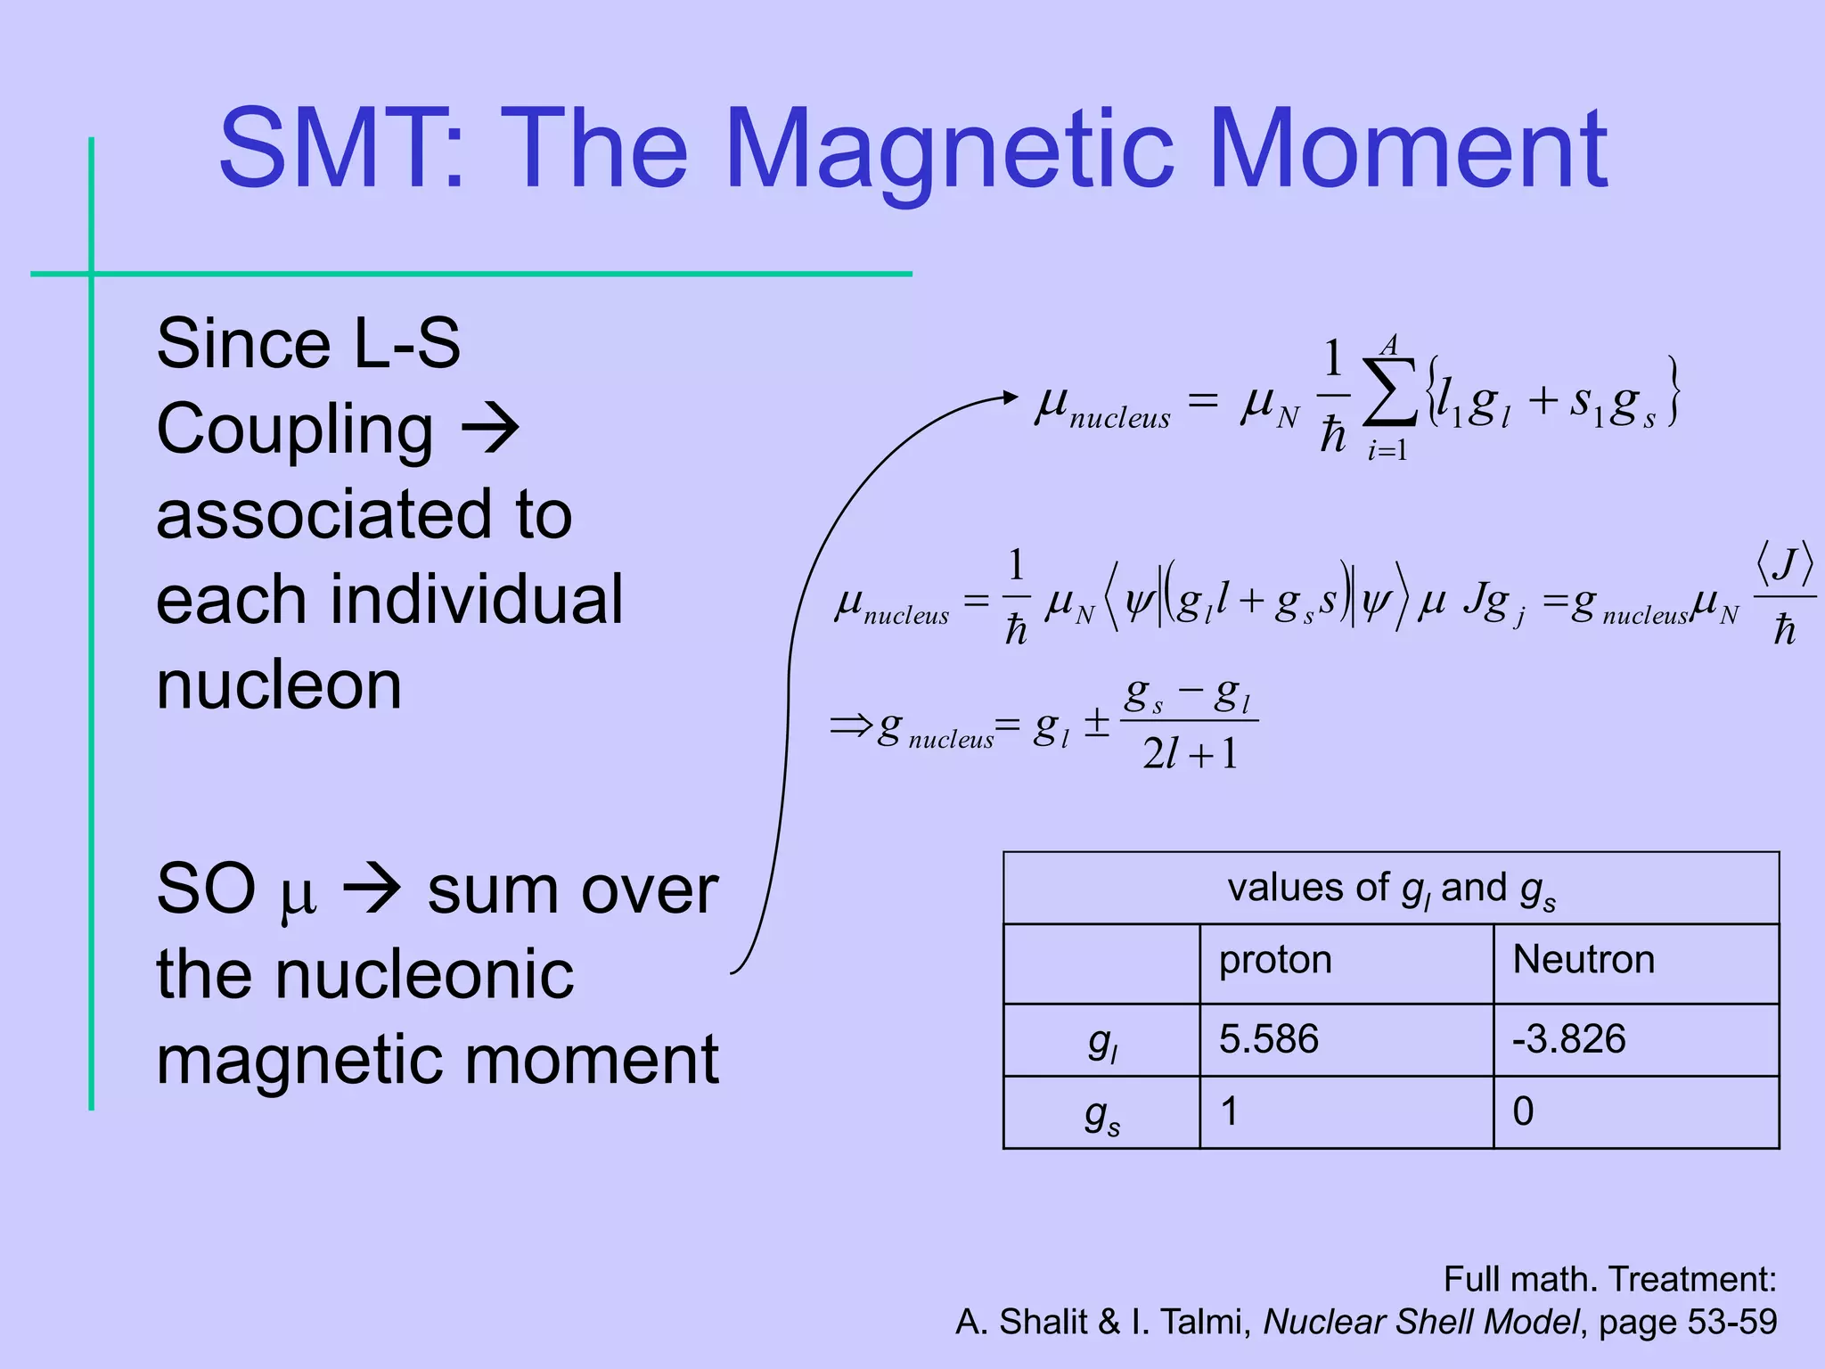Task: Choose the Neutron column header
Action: [1584, 960]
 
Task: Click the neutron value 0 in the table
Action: [1523, 1111]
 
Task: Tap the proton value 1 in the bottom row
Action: [1229, 1111]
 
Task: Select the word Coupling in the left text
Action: [295, 429]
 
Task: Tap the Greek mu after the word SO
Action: [298, 893]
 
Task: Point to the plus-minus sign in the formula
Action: [1096, 723]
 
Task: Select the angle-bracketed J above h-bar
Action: [1784, 564]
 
